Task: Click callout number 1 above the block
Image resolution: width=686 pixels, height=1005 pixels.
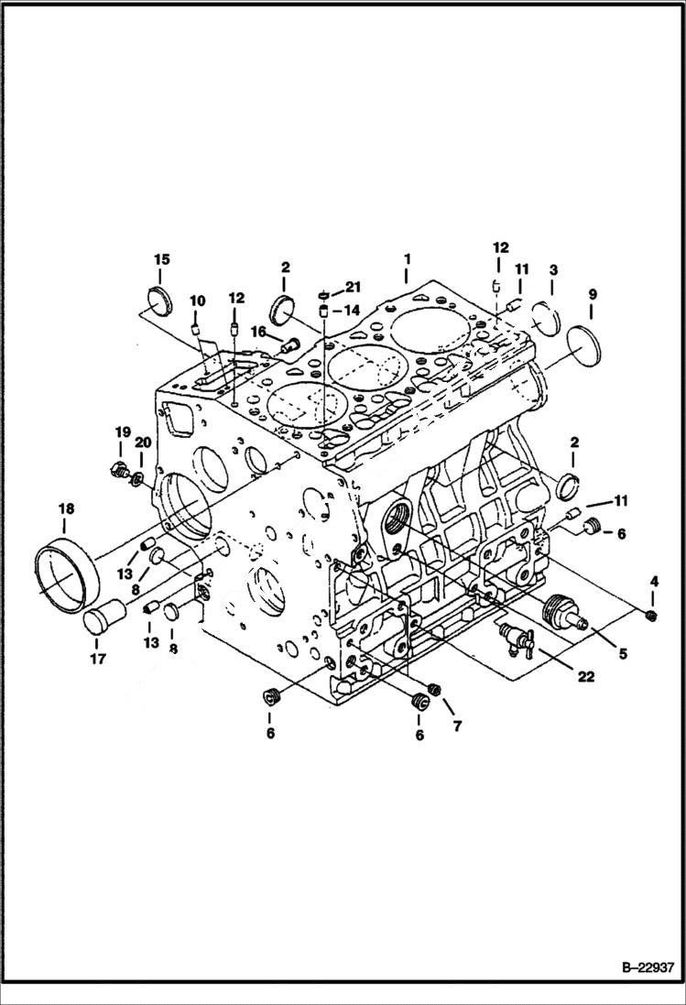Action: click(x=405, y=259)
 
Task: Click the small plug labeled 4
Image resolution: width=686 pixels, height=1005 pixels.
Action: click(x=652, y=614)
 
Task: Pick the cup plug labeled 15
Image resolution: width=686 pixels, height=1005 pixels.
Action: click(x=161, y=300)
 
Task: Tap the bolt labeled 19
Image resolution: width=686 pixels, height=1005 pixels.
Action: click(x=118, y=471)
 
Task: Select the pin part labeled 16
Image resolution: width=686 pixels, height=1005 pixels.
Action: click(x=290, y=345)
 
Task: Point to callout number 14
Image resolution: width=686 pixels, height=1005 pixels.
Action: click(x=354, y=310)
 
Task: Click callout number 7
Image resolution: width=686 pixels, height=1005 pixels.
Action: click(x=455, y=726)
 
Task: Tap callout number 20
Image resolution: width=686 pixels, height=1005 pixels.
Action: click(x=142, y=442)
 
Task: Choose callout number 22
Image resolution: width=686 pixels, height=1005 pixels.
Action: click(x=584, y=676)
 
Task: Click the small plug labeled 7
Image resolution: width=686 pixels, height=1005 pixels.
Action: click(x=435, y=690)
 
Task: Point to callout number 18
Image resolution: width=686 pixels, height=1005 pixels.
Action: click(x=63, y=509)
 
